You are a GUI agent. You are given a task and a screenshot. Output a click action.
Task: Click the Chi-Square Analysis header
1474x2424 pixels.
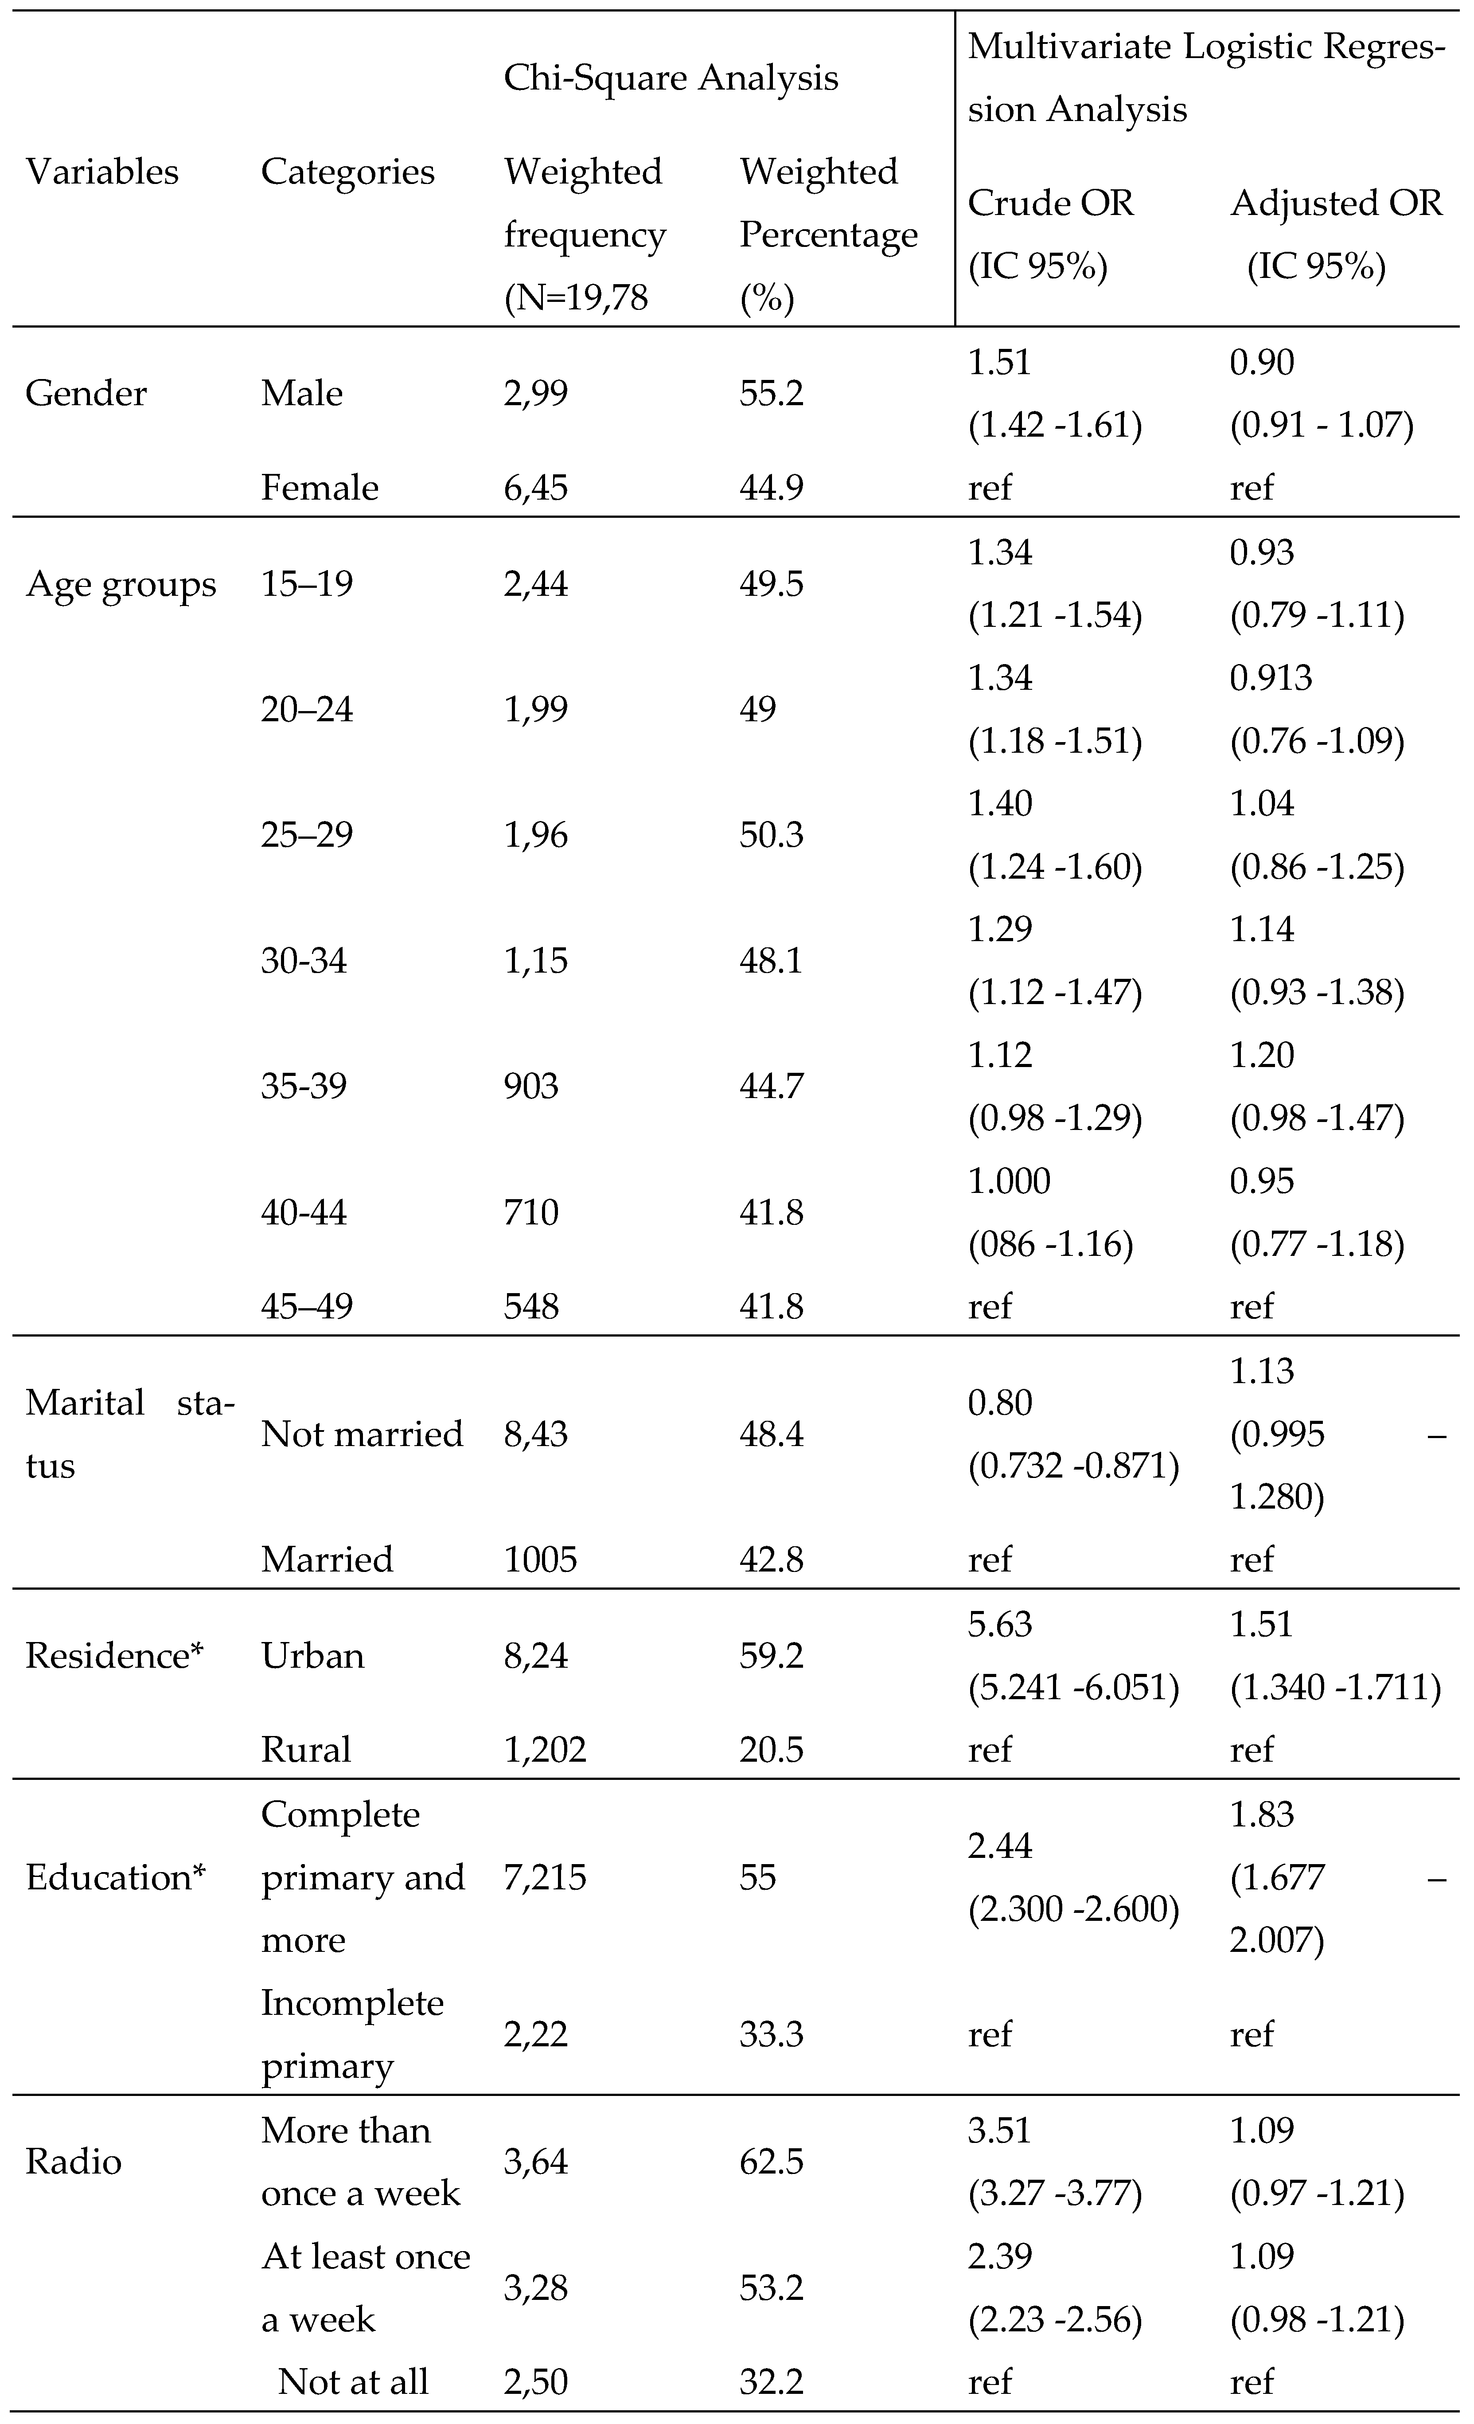[671, 78]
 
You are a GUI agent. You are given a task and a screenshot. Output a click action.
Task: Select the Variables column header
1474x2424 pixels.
[102, 172]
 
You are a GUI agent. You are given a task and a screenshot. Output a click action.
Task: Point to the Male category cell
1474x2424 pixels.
[302, 394]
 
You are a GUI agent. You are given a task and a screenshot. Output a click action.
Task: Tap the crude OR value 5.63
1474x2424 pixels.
[1000, 1624]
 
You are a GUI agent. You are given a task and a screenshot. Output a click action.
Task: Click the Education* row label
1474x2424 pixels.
[115, 1877]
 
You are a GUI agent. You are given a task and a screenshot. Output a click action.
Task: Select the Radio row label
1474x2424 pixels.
[74, 2161]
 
